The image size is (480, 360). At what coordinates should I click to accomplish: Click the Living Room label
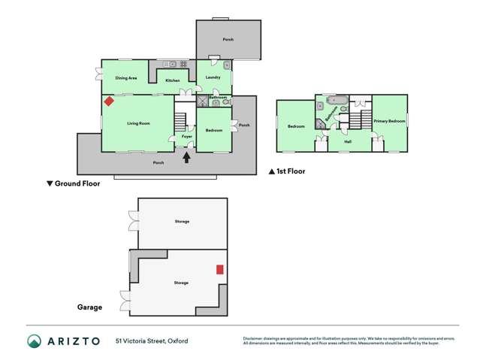coord(138,123)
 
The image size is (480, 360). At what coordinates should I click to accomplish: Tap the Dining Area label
coord(126,78)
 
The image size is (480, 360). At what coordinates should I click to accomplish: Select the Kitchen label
coord(173,80)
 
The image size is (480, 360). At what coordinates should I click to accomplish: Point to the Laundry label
coord(213,78)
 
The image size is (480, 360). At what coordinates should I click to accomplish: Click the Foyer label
coord(186,136)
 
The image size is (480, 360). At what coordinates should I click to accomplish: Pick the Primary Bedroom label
coord(390,121)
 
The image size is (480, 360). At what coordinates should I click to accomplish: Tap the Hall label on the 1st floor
coord(348,141)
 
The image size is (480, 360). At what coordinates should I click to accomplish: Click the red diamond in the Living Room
coord(109,101)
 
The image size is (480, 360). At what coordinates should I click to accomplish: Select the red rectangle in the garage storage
coord(220,269)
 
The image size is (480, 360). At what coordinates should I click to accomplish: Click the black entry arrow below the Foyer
coord(187,156)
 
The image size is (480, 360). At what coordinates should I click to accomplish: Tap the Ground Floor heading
coord(73,183)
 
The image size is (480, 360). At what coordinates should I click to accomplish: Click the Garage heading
coord(89,307)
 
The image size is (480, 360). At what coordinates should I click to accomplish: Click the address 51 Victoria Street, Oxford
coord(152,341)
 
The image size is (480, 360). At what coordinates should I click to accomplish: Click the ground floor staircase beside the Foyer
coord(180,120)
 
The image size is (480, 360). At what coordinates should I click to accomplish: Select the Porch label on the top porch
coord(228,39)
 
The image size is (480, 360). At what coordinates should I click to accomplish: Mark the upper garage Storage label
coord(182,222)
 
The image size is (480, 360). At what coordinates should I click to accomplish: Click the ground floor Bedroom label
coord(214,131)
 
